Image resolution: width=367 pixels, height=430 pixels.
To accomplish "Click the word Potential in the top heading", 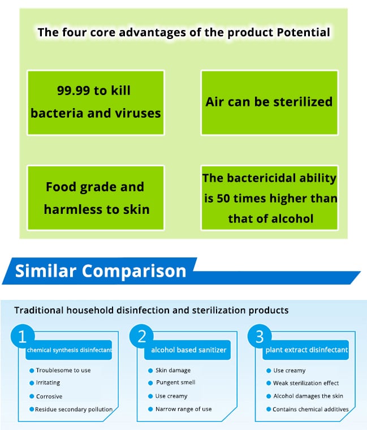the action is [304, 32].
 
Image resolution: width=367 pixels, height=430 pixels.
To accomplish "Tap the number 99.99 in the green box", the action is [72, 91].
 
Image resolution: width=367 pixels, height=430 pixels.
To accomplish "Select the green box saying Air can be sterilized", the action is [269, 102].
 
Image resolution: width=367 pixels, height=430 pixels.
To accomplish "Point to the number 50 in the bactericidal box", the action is [224, 198].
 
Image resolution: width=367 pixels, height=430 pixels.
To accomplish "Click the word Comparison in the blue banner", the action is [134, 271].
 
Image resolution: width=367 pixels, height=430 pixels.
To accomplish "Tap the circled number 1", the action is [23, 336].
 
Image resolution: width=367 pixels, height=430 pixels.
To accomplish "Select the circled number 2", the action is [142, 336].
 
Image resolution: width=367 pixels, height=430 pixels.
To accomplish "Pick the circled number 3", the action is [260, 336].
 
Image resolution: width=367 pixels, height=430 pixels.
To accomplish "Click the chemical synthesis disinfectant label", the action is [69, 350].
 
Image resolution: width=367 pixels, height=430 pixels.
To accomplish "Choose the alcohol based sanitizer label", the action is [188, 350].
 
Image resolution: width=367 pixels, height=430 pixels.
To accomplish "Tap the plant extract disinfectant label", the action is [306, 350].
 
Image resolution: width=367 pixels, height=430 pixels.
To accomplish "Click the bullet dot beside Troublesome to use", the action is [32, 371].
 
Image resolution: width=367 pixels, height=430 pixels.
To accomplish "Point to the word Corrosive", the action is [49, 396].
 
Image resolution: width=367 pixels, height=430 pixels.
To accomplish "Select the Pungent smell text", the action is [176, 382].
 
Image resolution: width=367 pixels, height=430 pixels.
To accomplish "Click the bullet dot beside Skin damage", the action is [150, 371].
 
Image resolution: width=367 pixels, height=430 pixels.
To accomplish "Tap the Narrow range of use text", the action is [183, 409].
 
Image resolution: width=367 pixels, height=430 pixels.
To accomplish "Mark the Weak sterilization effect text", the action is [306, 383].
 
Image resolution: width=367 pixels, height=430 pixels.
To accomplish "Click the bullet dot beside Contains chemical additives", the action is [269, 409].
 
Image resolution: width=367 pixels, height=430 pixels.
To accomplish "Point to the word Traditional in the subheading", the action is [39, 310].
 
